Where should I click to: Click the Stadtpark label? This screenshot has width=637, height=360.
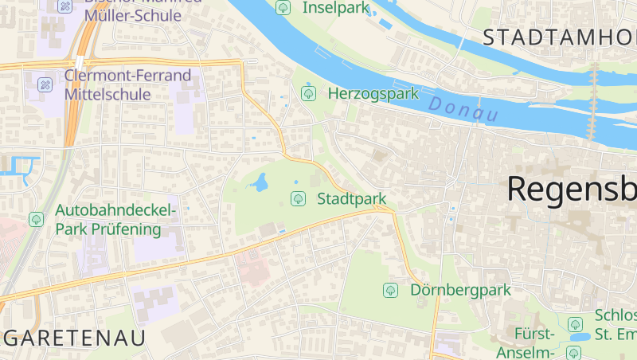[x=351, y=198]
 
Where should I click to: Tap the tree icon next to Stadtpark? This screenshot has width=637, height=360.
[x=298, y=198]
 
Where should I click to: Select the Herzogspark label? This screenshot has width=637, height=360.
[x=373, y=94]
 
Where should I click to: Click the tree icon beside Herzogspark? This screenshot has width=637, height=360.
[x=308, y=94]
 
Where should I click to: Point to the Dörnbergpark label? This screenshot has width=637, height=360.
[x=460, y=290]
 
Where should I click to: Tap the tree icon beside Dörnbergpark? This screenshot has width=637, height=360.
[x=391, y=290]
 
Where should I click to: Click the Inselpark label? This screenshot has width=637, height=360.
[x=336, y=8]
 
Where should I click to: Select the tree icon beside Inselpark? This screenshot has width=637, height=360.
[x=283, y=8]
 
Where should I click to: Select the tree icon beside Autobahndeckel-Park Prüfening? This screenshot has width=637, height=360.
[x=36, y=218]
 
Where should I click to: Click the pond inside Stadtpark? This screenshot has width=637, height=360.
[x=259, y=185]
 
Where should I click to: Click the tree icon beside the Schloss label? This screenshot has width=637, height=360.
[x=575, y=324]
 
